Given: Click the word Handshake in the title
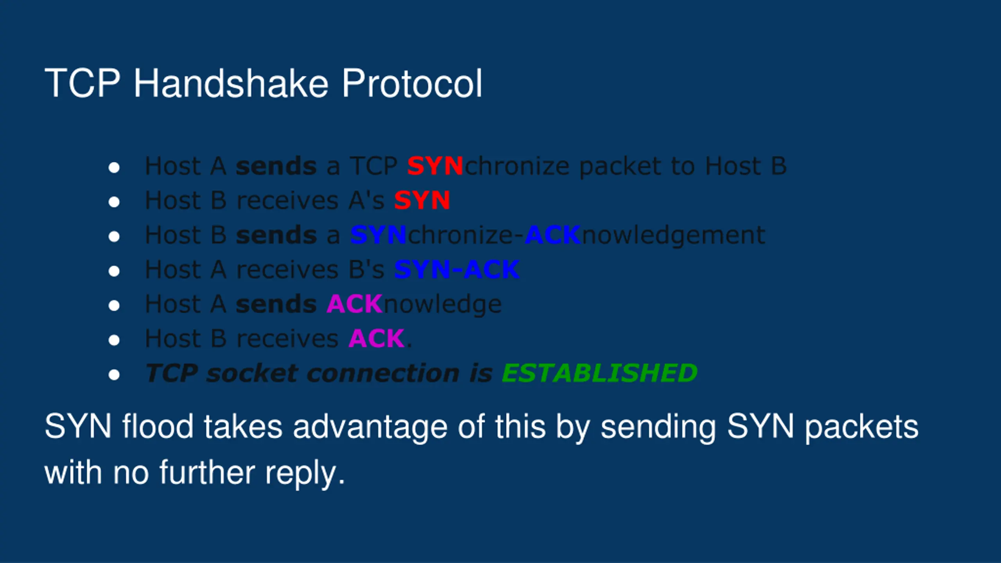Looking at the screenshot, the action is pos(231,83).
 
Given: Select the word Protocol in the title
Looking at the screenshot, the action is pos(412,83).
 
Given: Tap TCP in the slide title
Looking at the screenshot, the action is pos(83,83).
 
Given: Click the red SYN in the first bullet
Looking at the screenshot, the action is pos(435,166).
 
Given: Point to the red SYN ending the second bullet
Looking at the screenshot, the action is pos(422,200).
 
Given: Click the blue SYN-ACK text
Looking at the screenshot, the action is pos(457,269).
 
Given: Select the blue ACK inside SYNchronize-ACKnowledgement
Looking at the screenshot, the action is pos(553,235).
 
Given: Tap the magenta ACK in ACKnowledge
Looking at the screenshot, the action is pos(355,304).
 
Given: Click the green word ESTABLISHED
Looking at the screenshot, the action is pos(600,373).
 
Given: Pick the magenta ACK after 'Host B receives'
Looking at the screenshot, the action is pos(377,338).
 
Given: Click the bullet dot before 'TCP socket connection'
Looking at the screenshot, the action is pos(114,375).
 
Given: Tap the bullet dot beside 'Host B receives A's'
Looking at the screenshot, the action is pos(114,202).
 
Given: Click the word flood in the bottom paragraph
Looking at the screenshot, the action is pos(158,427).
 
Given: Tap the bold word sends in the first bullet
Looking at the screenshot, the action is pos(276,166).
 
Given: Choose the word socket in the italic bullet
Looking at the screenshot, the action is pos(252,373).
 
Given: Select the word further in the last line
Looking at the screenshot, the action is pos(207,472).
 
